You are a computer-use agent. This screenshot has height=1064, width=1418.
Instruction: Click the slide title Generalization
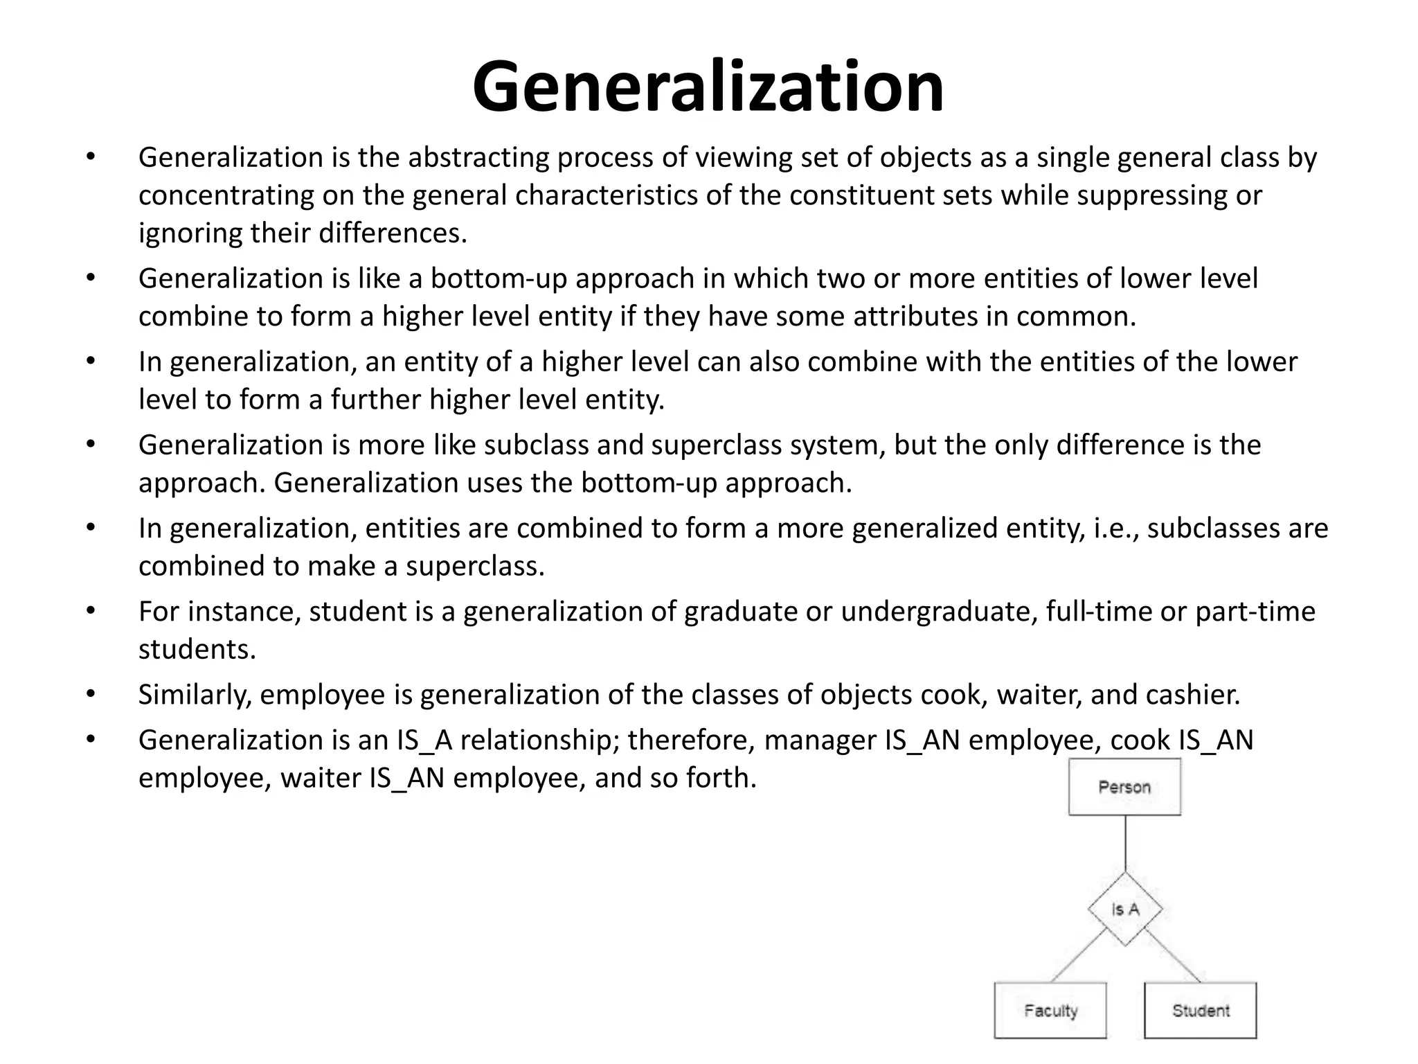708,87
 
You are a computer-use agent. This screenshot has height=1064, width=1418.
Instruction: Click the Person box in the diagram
1124,787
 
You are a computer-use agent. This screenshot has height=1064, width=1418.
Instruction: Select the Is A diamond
1125,909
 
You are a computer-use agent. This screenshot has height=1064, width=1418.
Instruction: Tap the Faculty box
1050,1011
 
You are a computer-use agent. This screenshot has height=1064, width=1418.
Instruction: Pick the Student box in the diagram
1201,1011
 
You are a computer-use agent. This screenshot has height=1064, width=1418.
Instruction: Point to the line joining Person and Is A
1125,843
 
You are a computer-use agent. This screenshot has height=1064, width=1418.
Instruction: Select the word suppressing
1145,195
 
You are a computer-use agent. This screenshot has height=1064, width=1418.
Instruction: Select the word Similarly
195,695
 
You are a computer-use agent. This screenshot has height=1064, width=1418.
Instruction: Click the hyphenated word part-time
1255,612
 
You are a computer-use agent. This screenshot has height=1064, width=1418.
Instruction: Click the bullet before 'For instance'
90,612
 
